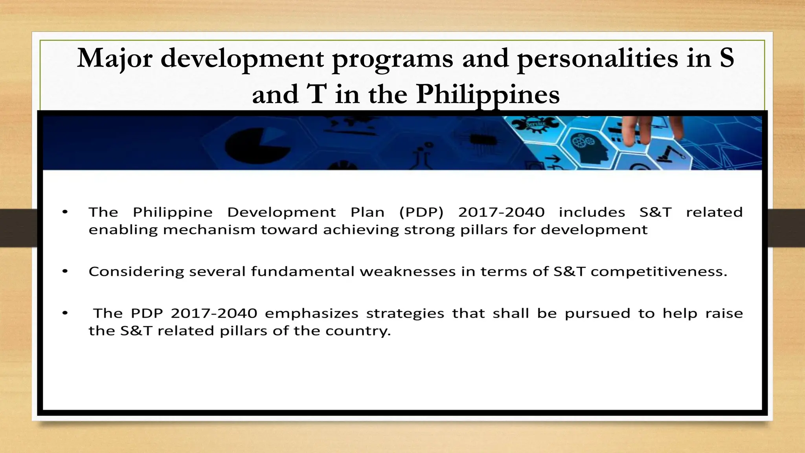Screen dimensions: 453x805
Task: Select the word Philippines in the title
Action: click(487, 95)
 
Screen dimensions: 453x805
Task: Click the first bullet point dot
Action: click(65, 212)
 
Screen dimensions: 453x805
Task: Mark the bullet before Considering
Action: click(65, 271)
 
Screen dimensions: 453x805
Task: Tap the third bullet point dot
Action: click(65, 313)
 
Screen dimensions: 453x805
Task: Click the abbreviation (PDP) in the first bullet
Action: click(421, 212)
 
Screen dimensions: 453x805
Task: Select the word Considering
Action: click(136, 272)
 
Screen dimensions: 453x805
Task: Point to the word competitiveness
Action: click(658, 272)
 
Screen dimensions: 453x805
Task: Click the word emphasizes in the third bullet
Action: click(311, 313)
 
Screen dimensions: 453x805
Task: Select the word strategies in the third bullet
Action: click(405, 314)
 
